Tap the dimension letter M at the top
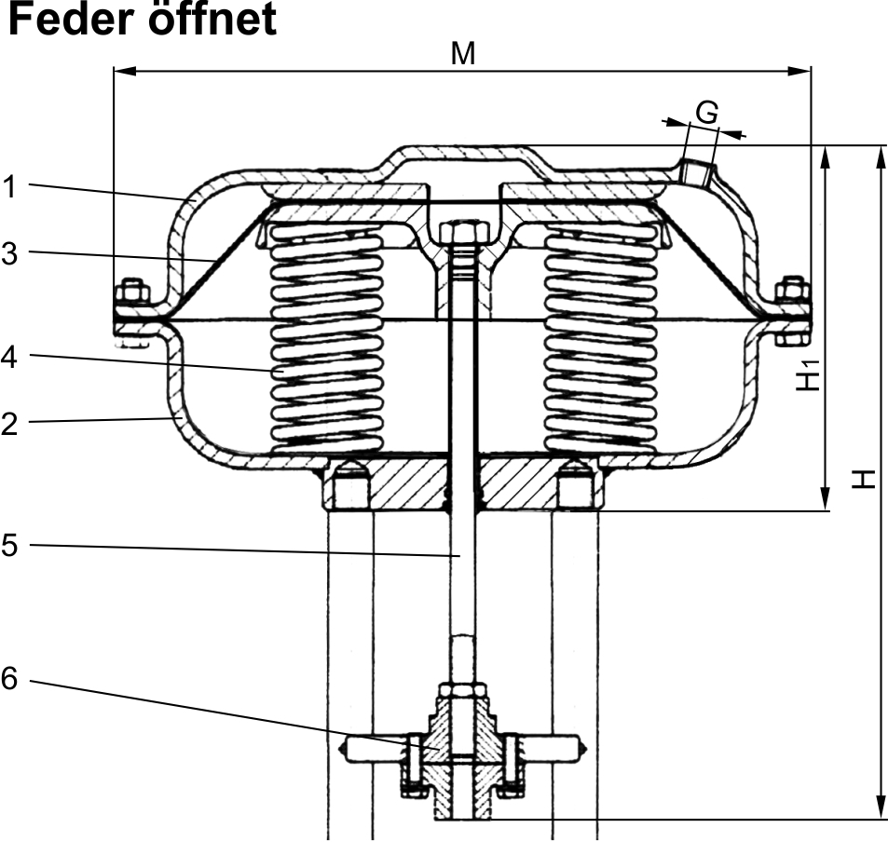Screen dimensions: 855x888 (463, 54)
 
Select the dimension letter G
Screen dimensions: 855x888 (707, 113)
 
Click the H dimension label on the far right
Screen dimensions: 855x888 (866, 479)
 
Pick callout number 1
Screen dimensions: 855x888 (9, 187)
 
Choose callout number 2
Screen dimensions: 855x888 (9, 424)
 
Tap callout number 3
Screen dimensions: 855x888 (9, 253)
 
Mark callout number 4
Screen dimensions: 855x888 (9, 357)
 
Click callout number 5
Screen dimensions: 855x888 (9, 545)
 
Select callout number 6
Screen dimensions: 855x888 (9, 680)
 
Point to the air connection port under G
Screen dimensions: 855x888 (696, 171)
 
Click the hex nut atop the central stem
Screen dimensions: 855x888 (459, 231)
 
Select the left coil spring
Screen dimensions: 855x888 (325, 340)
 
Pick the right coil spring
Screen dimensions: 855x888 (600, 340)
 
